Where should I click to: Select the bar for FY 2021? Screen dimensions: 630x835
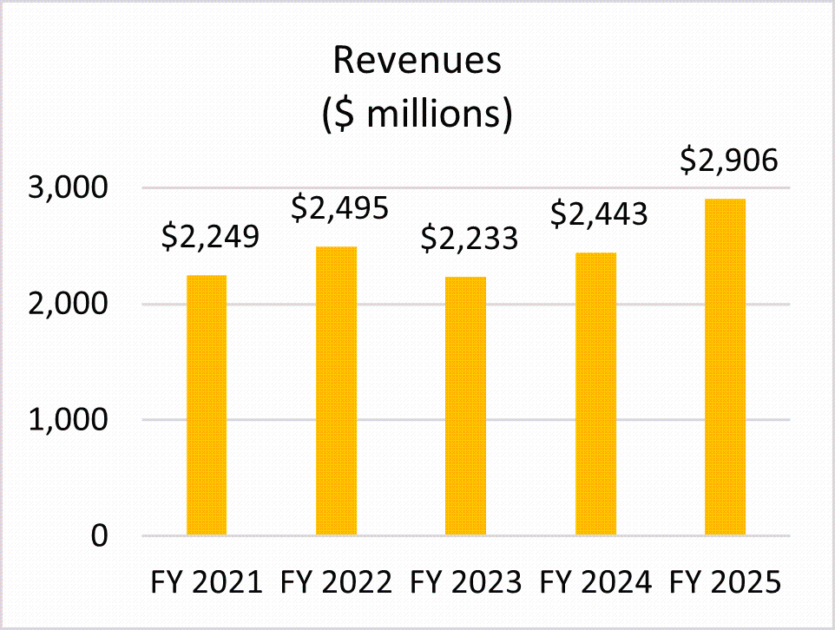[207, 405]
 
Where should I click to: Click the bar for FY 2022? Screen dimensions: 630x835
[336, 390]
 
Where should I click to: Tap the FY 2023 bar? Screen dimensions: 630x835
[465, 406]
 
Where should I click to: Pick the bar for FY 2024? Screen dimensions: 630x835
[595, 394]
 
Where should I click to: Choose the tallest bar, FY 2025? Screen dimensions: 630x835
[725, 367]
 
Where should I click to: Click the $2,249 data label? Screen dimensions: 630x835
[209, 236]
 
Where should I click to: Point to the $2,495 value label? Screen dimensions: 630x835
[339, 207]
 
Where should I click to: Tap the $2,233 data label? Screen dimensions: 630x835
[469, 238]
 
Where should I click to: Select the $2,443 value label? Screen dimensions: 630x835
[598, 213]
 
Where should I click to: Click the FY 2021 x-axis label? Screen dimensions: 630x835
[207, 581]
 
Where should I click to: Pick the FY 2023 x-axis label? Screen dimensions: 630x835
[466, 581]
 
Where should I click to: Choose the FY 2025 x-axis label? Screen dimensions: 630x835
[726, 581]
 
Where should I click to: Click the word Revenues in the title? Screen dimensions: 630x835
[417, 62]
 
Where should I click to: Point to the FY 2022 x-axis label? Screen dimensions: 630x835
[337, 581]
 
